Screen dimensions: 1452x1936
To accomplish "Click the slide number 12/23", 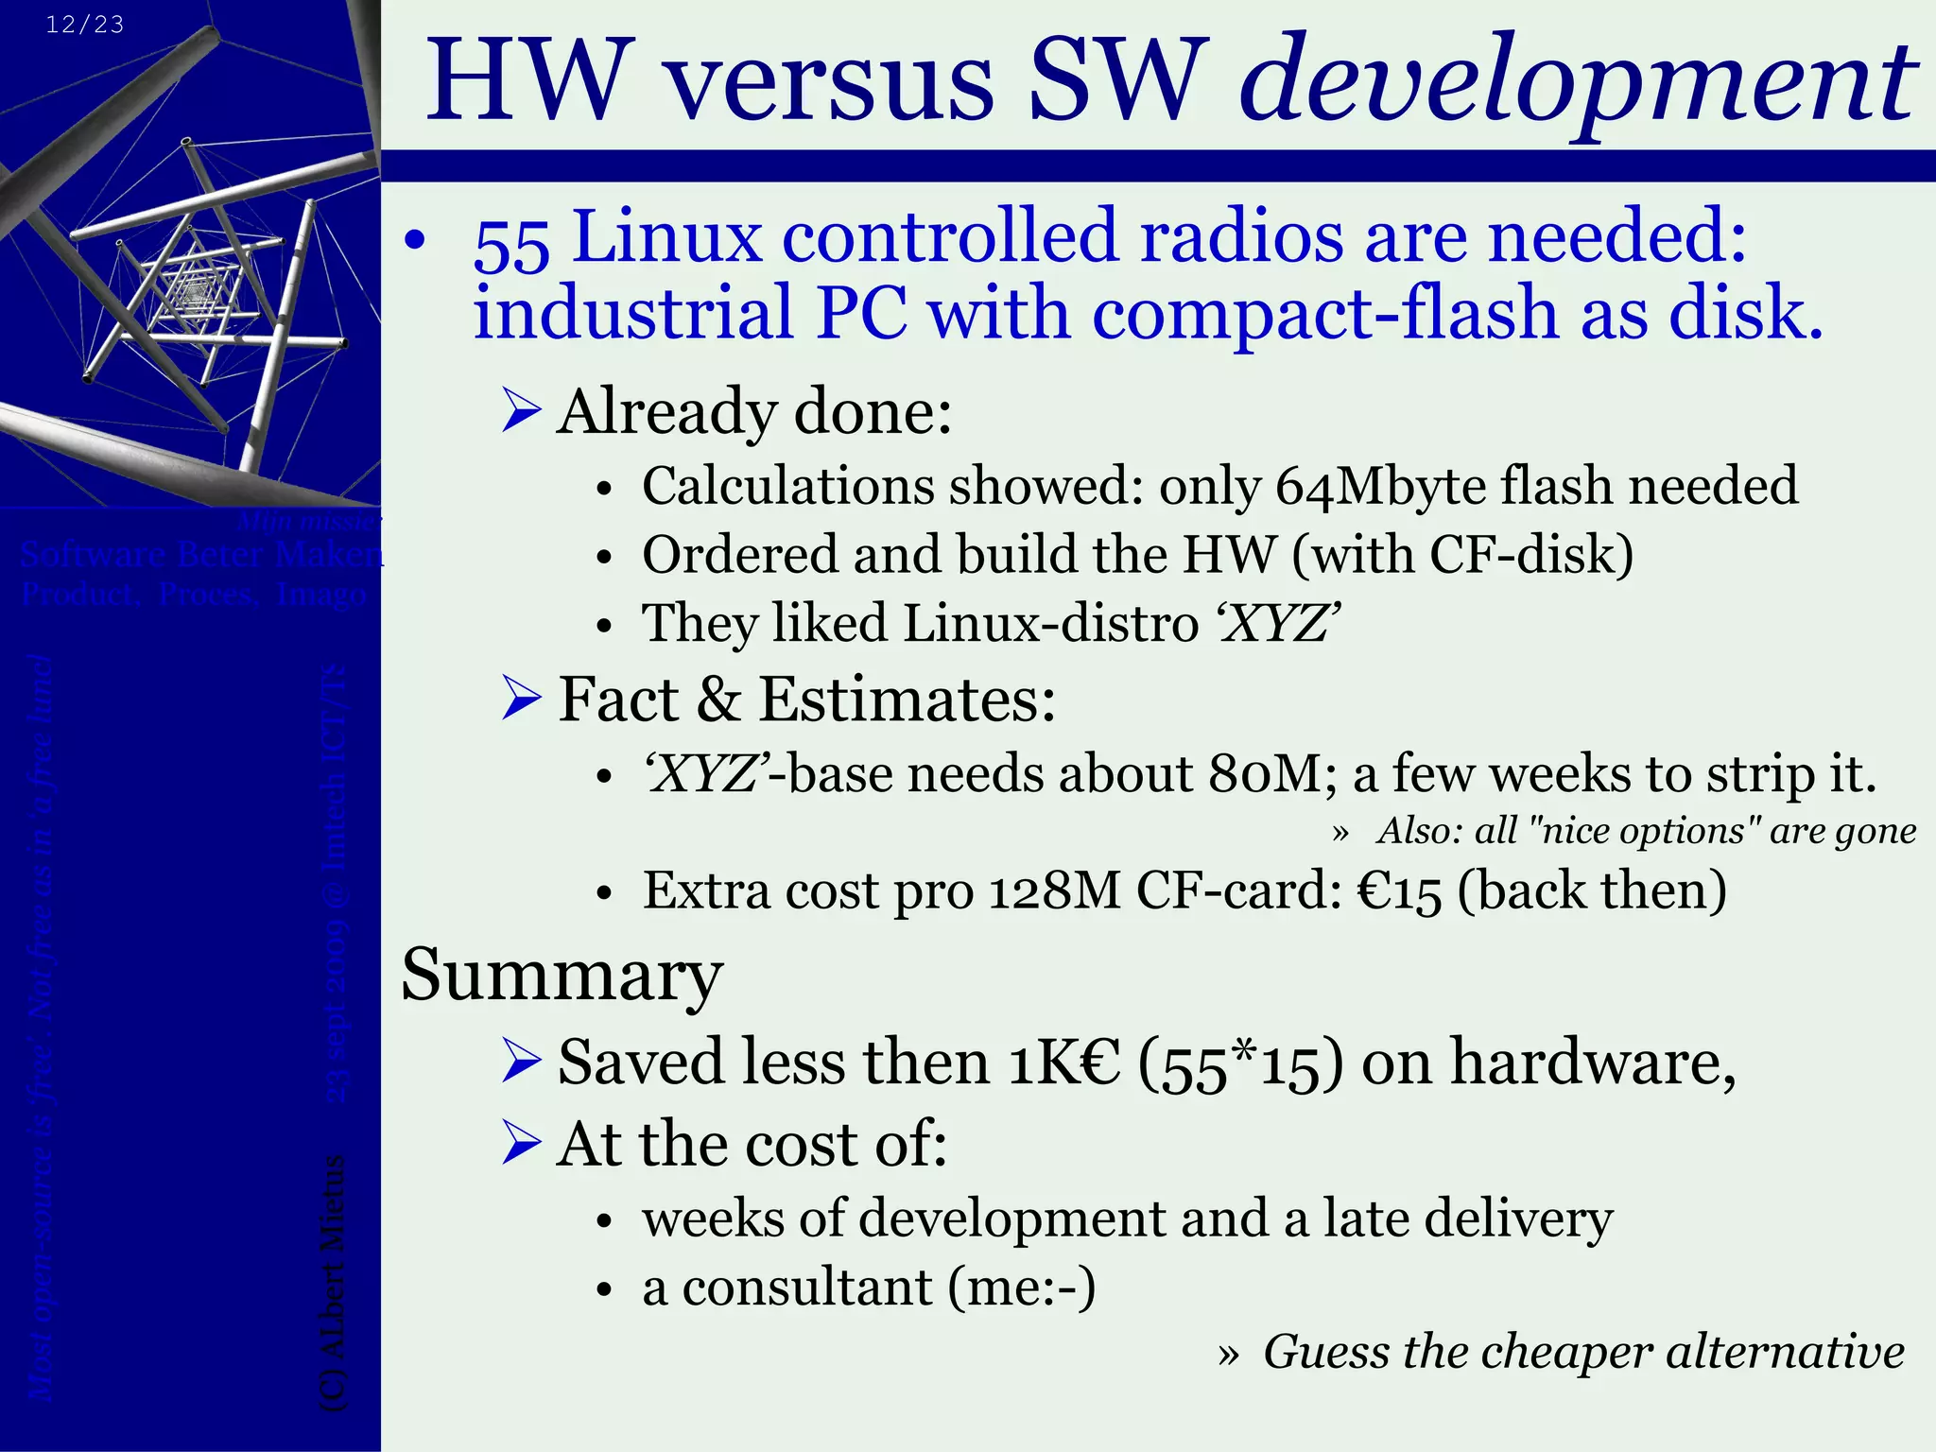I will tap(85, 25).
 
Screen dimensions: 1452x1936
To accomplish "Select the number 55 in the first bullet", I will tap(511, 244).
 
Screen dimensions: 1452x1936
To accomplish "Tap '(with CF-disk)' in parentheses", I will tap(1462, 555).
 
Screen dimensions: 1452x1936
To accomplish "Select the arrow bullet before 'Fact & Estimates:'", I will tap(521, 700).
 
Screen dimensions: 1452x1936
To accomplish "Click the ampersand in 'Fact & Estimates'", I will tap(718, 700).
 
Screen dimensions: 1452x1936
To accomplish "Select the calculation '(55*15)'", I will tap(1239, 1063).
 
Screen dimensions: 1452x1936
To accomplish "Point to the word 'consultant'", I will tap(807, 1288).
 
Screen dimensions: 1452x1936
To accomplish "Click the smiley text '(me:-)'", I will tap(1022, 1288).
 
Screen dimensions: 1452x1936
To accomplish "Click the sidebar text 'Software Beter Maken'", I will tap(200, 554).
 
